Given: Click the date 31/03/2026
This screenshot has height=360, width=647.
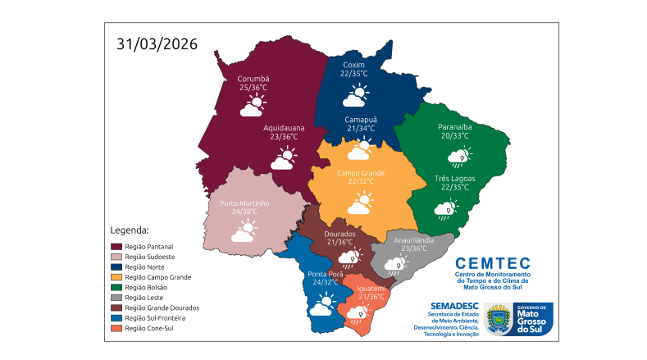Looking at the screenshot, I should pos(157,44).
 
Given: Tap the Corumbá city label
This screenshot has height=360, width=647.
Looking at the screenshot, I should pos(248,79).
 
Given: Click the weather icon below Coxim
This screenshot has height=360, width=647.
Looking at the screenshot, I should pos(355,95).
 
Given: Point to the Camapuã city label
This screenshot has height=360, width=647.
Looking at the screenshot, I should pos(360,119).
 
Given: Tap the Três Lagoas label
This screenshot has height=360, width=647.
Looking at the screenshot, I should pos(454,178).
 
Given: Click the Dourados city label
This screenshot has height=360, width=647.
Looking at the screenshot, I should pos(340,234).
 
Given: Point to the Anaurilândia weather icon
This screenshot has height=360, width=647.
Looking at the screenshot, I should pos(398,265).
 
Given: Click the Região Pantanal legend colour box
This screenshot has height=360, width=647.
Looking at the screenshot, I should pos(116,246).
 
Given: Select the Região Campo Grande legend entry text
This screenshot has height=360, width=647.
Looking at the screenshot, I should pos(157,277).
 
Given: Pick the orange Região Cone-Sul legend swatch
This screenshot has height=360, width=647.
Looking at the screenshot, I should pos(116,328).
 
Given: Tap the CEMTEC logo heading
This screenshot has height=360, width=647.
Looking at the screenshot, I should pos(492,263).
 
